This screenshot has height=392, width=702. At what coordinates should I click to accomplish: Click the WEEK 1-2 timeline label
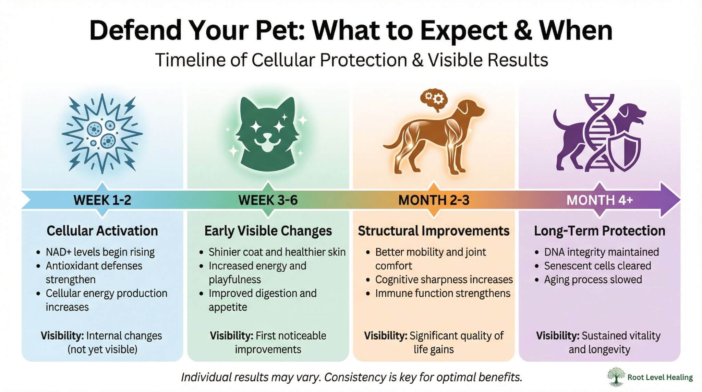point(102,200)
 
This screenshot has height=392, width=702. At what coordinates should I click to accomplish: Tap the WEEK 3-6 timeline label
point(268,200)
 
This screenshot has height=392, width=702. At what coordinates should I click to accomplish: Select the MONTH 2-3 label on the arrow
point(434,200)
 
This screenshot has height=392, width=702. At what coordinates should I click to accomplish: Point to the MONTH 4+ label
point(600,200)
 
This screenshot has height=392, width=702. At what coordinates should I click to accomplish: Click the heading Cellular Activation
point(102,231)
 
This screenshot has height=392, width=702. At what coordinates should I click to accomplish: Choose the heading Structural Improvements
point(434,231)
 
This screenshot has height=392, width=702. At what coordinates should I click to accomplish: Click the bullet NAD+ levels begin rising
point(100,252)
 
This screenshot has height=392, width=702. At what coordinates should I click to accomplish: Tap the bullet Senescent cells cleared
point(597,266)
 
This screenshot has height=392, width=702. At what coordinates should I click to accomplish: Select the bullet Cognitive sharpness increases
point(444,280)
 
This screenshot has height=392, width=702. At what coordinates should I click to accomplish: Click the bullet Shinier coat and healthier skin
point(277,252)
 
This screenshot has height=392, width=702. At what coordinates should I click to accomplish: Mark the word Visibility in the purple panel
point(557,336)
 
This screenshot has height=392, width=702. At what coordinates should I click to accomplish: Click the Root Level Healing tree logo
point(616,377)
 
